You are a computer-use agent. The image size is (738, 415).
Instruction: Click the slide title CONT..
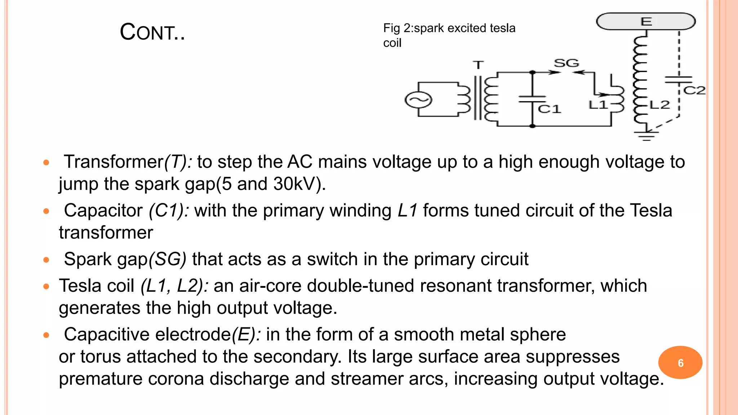152,32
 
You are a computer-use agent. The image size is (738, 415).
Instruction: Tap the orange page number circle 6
680,362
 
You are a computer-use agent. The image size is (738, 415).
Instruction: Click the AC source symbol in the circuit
418,100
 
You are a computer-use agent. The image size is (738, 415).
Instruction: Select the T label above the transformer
478,65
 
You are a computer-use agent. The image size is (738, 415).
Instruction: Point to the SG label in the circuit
566,63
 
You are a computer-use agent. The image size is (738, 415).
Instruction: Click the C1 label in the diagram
549,109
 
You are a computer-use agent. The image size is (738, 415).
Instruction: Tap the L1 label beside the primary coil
598,105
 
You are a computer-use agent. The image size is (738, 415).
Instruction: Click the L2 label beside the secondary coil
660,105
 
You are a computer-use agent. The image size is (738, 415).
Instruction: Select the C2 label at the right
694,90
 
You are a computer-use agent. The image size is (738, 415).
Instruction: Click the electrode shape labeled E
646,21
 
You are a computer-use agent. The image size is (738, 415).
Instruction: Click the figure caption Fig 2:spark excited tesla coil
449,35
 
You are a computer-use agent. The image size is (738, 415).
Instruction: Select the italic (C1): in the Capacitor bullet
168,210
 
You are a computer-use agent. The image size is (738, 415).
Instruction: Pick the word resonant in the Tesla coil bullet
455,286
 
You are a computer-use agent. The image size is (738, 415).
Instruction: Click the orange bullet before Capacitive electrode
46,335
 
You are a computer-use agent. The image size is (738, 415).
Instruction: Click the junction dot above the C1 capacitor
532,72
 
